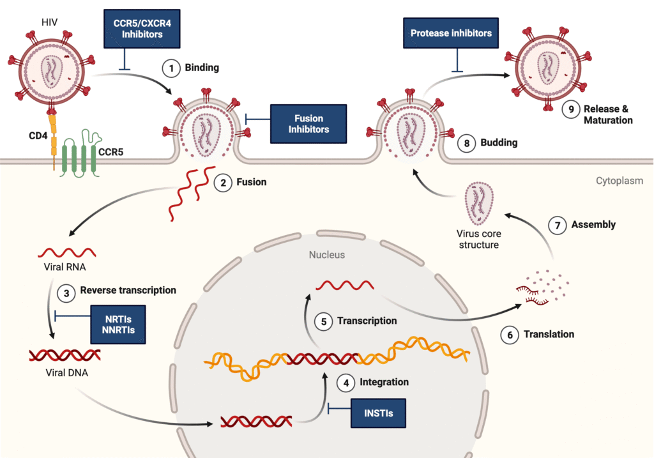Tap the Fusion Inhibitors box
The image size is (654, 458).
click(x=308, y=124)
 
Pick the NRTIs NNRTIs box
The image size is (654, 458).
click(x=117, y=324)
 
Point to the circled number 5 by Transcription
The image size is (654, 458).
click(x=324, y=321)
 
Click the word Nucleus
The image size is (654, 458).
click(x=326, y=255)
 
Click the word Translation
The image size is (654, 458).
click(x=549, y=334)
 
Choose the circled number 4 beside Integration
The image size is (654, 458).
click(x=346, y=383)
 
